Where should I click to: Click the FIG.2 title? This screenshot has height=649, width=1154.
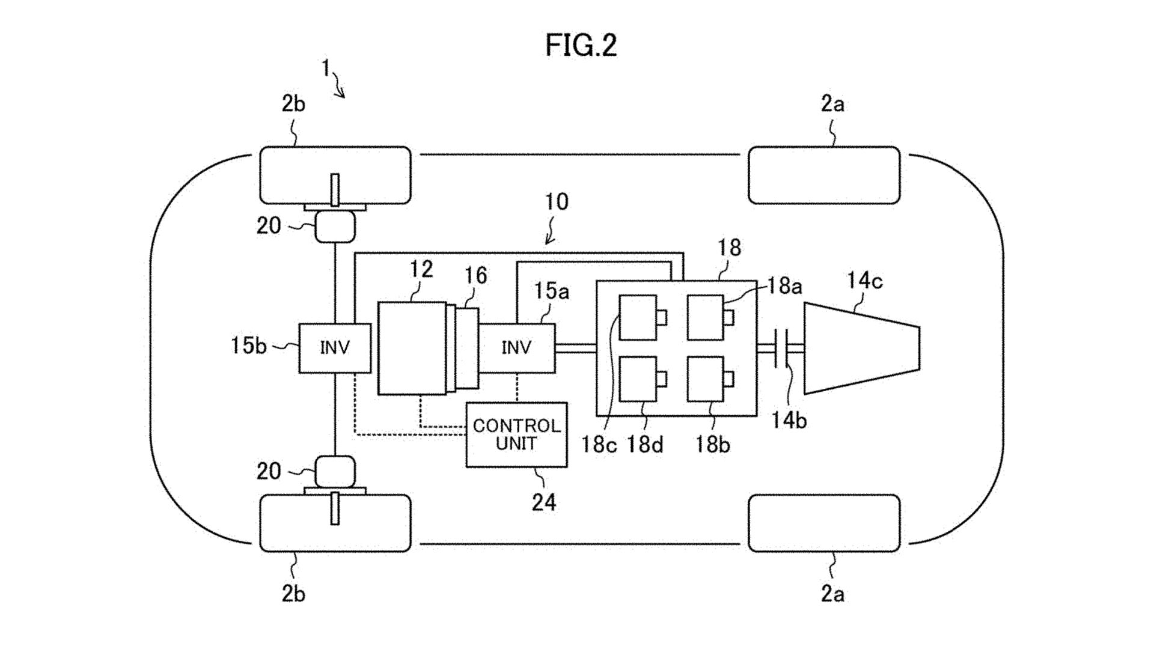(x=581, y=45)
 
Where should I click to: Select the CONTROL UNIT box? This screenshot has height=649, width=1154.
(x=516, y=434)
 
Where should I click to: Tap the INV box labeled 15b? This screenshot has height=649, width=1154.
(x=335, y=347)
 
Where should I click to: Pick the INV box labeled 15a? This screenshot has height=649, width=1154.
(x=516, y=347)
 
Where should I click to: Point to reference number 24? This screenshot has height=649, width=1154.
(x=544, y=502)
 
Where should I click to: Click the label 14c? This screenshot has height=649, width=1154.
(x=864, y=281)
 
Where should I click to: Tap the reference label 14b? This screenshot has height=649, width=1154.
(x=789, y=421)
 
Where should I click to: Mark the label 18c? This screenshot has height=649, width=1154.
(x=599, y=445)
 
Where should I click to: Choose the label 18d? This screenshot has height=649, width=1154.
(x=645, y=445)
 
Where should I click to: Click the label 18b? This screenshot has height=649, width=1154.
(x=712, y=445)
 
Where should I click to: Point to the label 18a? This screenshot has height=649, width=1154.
(x=784, y=286)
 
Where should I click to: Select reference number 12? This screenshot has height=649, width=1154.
(x=421, y=269)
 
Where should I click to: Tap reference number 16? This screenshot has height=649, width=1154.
(x=475, y=275)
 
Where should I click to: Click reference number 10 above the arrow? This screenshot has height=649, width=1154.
(x=556, y=202)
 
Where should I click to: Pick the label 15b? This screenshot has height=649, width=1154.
(x=248, y=346)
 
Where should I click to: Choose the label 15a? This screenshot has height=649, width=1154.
(x=551, y=291)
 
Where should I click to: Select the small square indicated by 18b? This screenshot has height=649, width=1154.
(x=705, y=379)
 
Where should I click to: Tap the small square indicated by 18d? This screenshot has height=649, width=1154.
(x=638, y=379)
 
